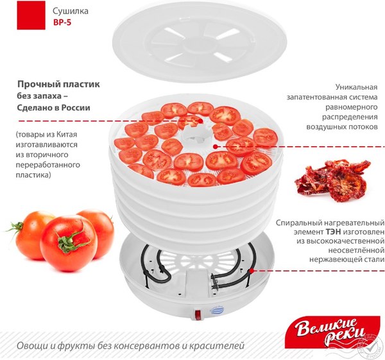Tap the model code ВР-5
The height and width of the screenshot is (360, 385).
click(x=62, y=24)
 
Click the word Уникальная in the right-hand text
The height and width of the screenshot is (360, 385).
click(x=357, y=86)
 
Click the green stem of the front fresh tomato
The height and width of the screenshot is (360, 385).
click(x=67, y=242)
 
